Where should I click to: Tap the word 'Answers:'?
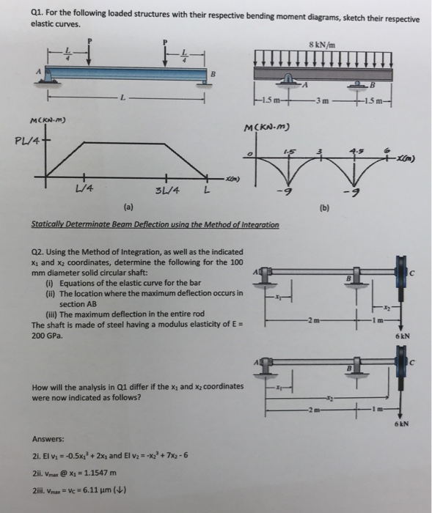[x=47, y=440]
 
